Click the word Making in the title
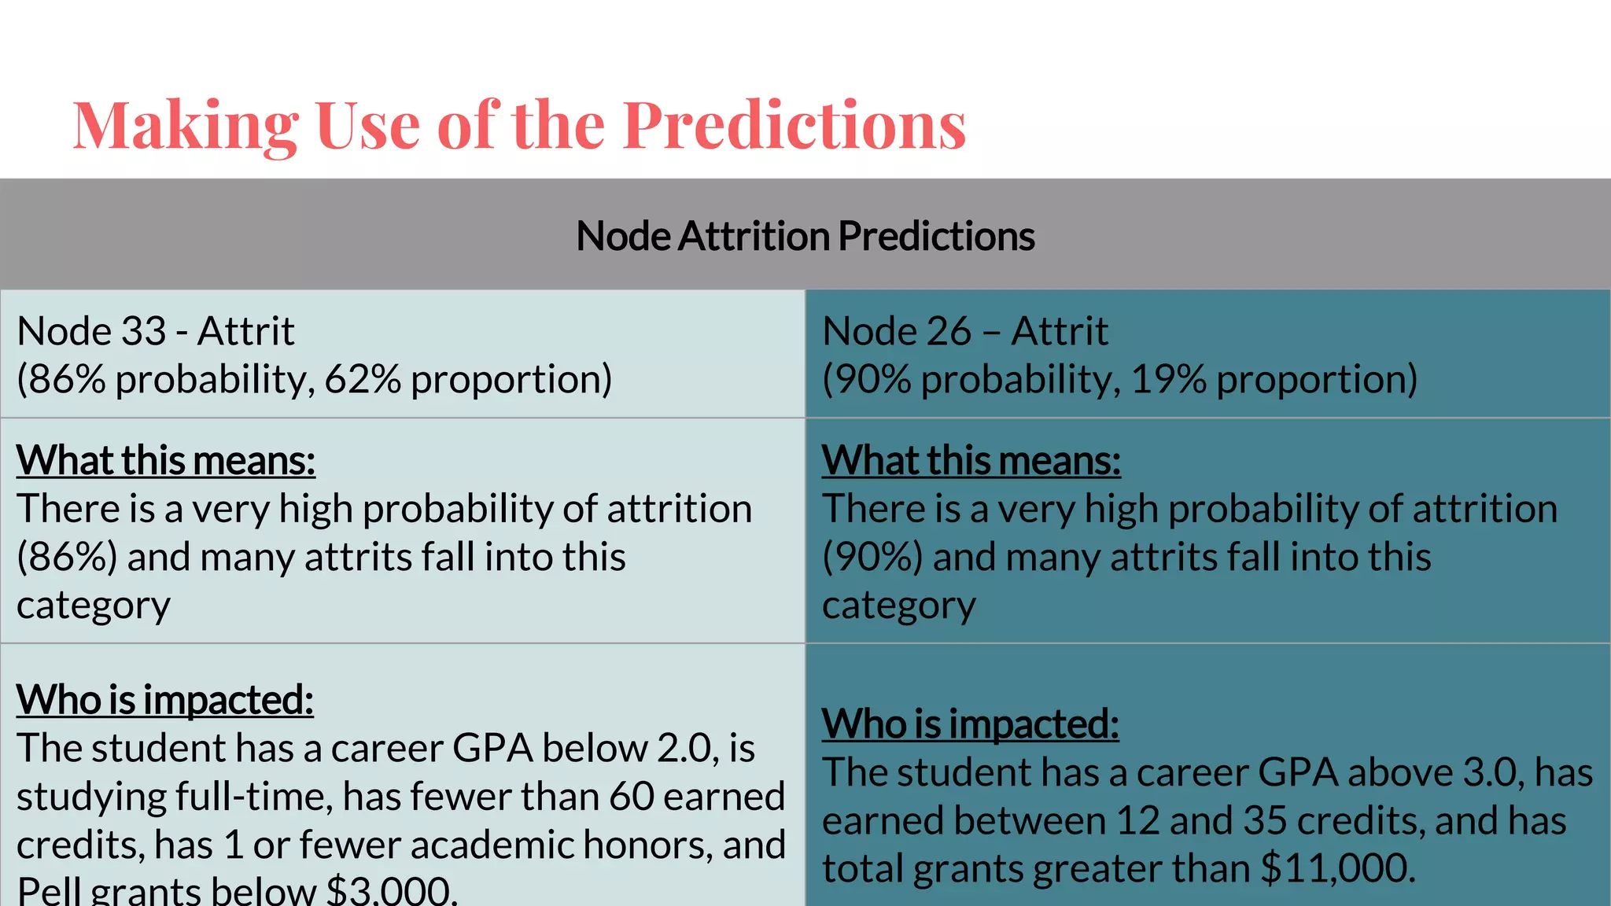[x=186, y=126]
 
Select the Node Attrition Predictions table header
[x=805, y=236]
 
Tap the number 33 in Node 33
[x=145, y=331]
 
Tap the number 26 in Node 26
[x=949, y=331]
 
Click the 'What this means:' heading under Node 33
[x=165, y=461]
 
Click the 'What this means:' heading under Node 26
[x=971, y=461]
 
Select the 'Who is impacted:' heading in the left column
[x=164, y=700]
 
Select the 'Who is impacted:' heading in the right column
[x=970, y=724]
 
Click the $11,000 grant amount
[x=1337, y=869]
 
